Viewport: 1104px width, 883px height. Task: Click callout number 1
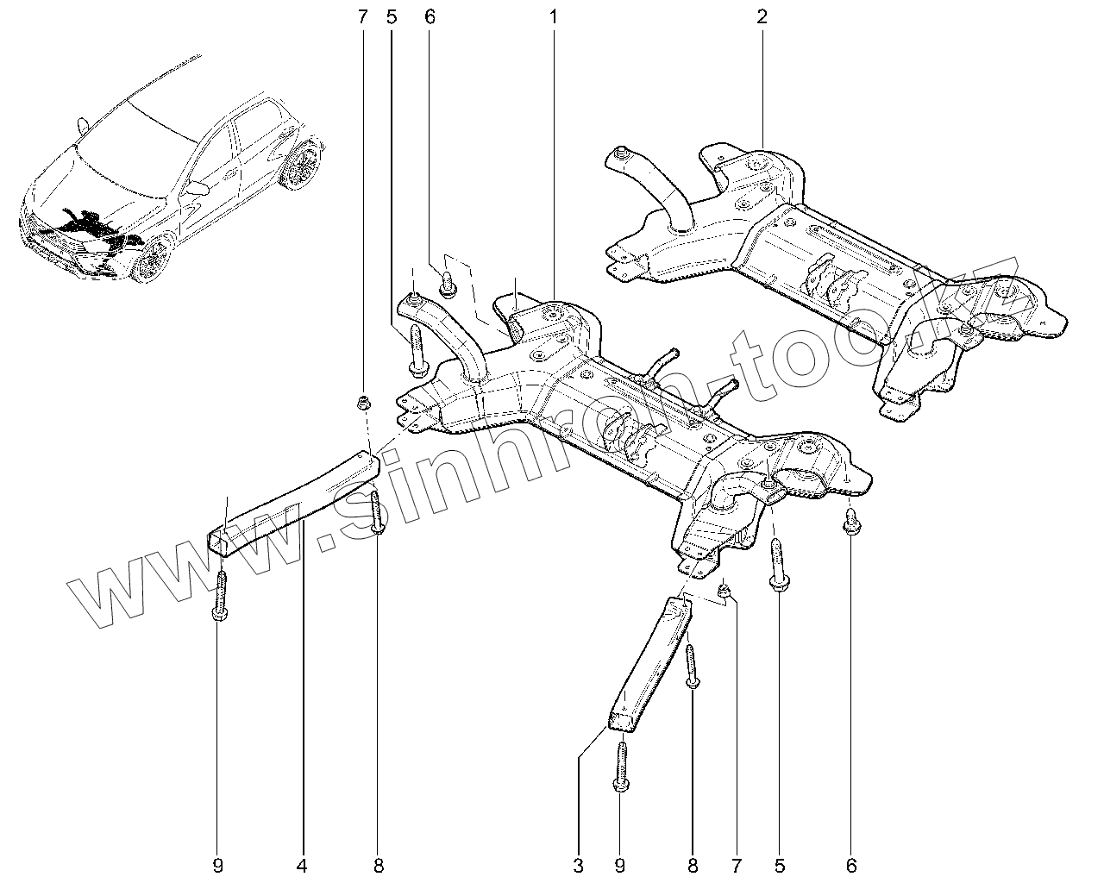pos(553,16)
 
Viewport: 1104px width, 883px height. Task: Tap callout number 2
pos(762,16)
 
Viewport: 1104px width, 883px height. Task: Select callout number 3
pos(579,864)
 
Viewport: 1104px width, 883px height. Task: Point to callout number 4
pos(303,864)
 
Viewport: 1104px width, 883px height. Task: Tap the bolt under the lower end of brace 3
pos(621,767)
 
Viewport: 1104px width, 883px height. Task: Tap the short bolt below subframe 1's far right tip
pos(850,522)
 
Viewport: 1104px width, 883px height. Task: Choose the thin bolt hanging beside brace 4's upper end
pos(377,513)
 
